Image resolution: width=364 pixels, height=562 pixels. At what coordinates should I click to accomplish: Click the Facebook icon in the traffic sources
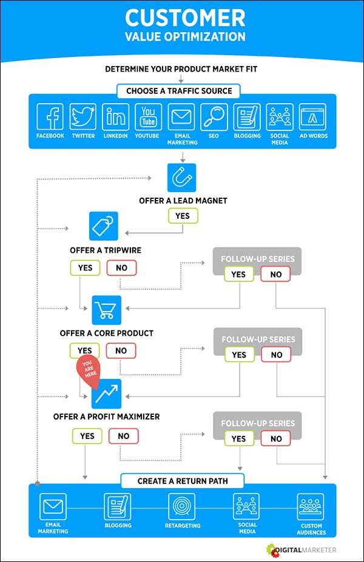coord(50,116)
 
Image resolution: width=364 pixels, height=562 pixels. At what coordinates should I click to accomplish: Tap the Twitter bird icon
coord(83,116)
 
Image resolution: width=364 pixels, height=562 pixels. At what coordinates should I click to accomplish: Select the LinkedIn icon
coord(115,116)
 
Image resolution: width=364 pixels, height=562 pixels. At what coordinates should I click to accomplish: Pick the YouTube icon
coord(148,116)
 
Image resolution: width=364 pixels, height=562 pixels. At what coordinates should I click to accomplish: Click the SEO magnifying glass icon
coord(214,116)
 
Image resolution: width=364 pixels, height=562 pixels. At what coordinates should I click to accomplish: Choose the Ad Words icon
coord(312,116)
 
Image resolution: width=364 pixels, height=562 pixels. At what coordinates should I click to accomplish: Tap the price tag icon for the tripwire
coord(104,226)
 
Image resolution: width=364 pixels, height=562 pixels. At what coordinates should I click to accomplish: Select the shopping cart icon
coord(107,310)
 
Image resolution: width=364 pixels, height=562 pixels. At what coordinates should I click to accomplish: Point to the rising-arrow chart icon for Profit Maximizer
coord(107,394)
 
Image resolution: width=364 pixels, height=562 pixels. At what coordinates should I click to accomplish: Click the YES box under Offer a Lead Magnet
coord(182,216)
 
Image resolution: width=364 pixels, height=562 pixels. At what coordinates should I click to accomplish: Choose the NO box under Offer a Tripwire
coord(121,267)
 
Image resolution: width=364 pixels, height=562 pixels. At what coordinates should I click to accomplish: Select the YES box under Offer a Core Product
coord(85,350)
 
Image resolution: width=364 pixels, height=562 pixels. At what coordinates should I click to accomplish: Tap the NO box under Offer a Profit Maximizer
coord(123,435)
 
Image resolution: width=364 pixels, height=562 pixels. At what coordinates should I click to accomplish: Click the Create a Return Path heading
coord(182,481)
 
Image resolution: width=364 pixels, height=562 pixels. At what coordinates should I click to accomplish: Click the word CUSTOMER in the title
coord(185,17)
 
